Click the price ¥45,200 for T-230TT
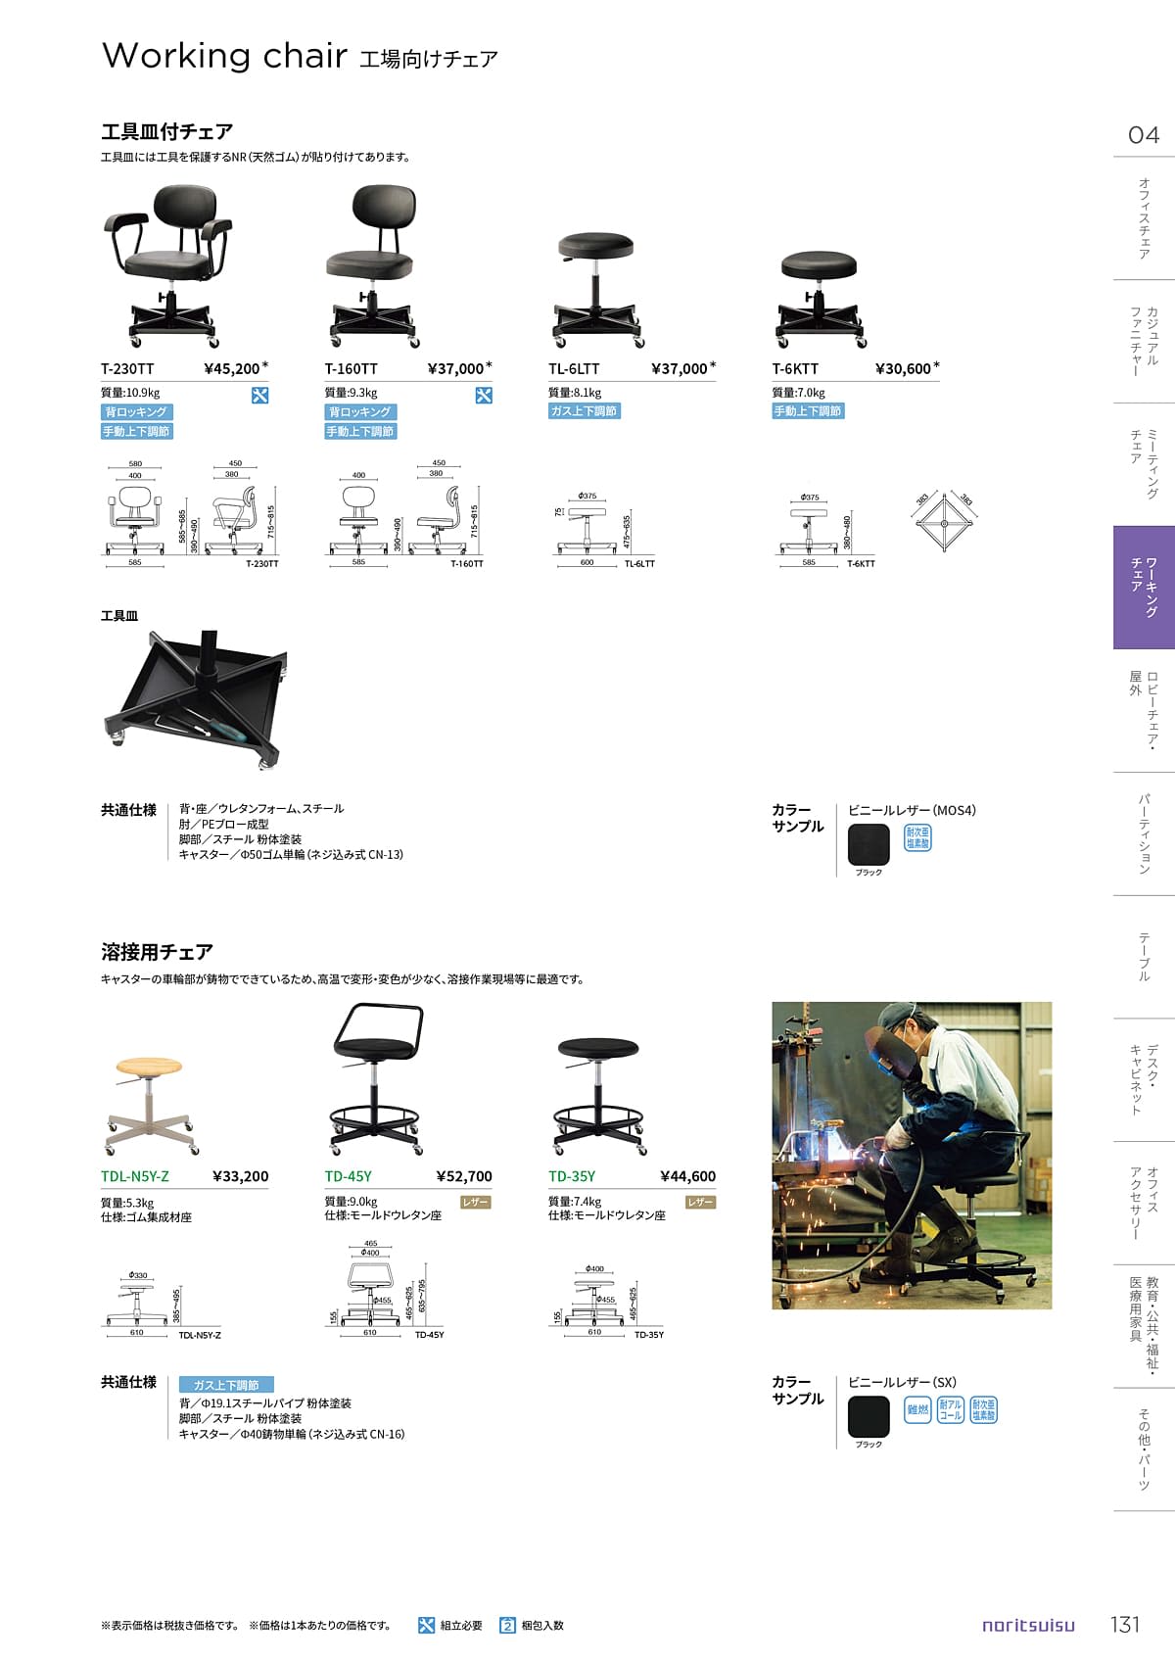click(232, 369)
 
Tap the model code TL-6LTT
click(574, 369)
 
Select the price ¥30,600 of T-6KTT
click(903, 369)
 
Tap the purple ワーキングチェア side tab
click(1144, 588)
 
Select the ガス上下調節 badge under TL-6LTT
click(585, 411)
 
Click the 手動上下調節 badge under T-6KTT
click(808, 411)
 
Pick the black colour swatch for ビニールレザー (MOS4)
click(869, 844)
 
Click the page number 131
click(1125, 1625)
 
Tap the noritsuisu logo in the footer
click(1028, 1626)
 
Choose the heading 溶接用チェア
click(157, 952)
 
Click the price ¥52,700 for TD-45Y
click(464, 1177)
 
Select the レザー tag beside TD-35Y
click(700, 1202)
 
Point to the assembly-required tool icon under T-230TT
click(259, 396)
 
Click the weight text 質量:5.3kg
click(127, 1203)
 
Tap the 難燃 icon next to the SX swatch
click(917, 1410)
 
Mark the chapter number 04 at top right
click(1144, 135)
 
